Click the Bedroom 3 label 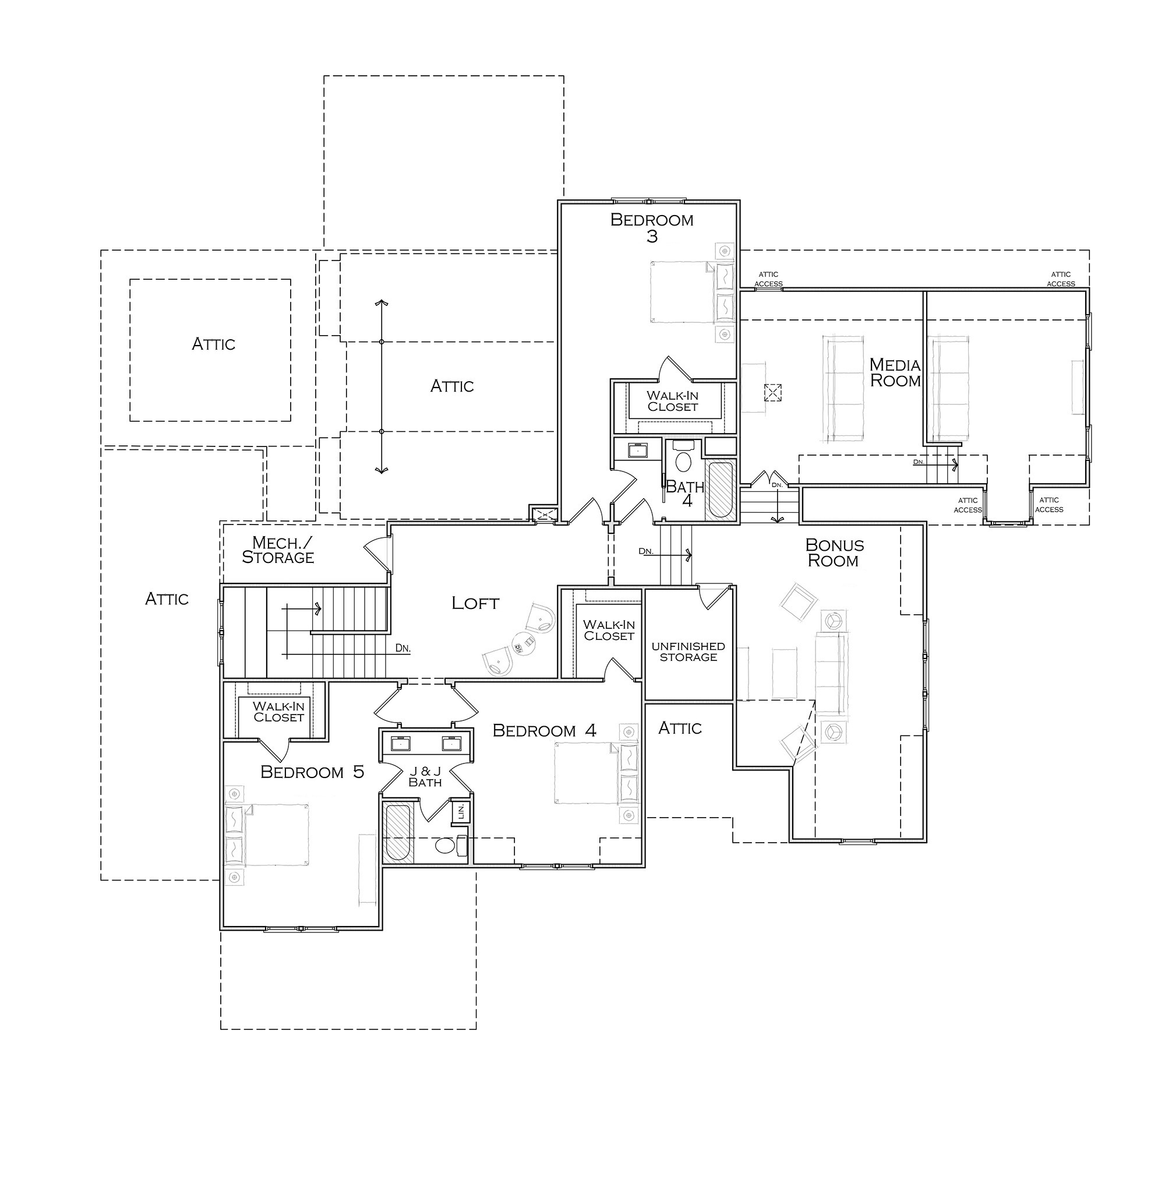[x=651, y=228]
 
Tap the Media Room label [x=895, y=372]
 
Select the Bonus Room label [x=834, y=552]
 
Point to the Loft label [x=475, y=604]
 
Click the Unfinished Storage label [x=688, y=651]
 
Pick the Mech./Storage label [x=278, y=550]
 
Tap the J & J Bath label [x=425, y=777]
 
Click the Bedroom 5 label [x=312, y=772]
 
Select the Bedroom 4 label [x=544, y=730]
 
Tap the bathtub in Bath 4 [x=721, y=491]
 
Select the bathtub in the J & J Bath [x=398, y=833]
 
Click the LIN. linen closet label [x=461, y=811]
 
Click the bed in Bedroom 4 [x=596, y=773]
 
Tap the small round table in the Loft [x=523, y=642]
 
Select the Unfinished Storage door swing [x=714, y=597]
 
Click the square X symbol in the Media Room [x=772, y=392]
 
